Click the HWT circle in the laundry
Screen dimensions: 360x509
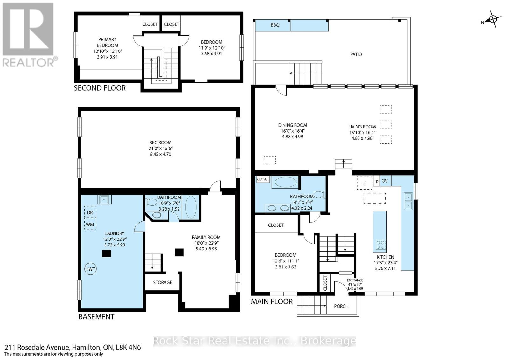coord(90,269)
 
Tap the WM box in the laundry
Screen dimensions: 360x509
coord(90,225)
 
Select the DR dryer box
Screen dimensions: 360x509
coord(90,212)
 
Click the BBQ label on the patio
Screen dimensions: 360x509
coord(275,25)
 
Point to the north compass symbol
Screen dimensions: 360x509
coord(492,20)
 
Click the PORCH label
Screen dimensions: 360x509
coord(341,306)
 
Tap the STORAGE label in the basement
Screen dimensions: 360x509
coord(162,282)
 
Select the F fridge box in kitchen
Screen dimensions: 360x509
coord(365,183)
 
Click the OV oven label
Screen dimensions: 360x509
coord(385,181)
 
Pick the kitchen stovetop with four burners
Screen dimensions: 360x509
coord(380,245)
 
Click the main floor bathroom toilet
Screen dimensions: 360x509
coord(319,195)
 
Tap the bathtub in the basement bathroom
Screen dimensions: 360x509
coord(191,207)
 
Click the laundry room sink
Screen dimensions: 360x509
coord(104,199)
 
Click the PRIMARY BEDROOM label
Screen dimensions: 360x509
coord(108,42)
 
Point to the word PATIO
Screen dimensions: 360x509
coord(356,54)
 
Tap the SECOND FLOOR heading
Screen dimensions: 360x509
coord(100,88)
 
